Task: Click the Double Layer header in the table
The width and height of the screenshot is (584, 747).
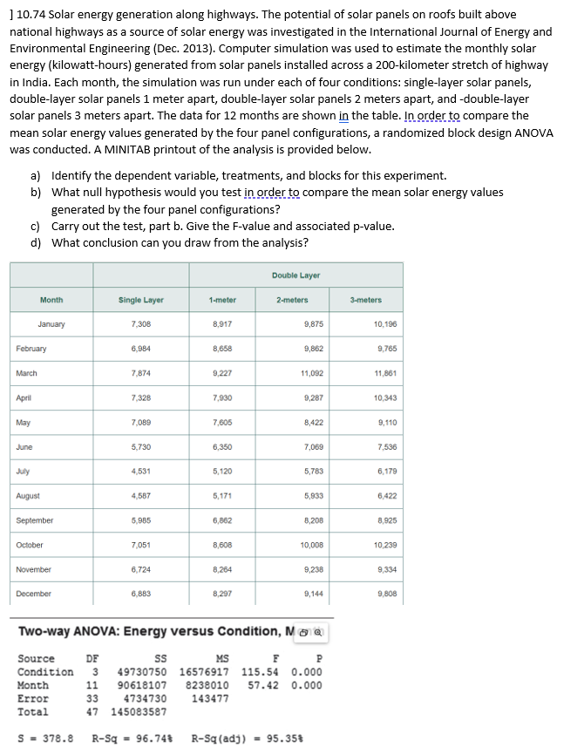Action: (x=296, y=275)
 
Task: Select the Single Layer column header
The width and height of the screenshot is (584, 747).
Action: (x=141, y=300)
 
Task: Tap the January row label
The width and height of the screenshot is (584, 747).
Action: (x=51, y=324)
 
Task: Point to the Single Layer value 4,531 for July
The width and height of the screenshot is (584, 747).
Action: (x=142, y=471)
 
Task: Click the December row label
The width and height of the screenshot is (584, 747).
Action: (x=34, y=593)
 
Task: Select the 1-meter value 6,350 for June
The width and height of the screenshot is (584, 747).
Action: (x=222, y=446)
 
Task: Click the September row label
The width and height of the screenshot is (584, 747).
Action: (x=35, y=520)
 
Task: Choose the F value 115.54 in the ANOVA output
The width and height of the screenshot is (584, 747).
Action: (x=261, y=672)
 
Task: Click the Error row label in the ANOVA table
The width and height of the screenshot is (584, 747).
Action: (x=33, y=698)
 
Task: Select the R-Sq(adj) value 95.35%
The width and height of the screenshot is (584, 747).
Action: (x=284, y=737)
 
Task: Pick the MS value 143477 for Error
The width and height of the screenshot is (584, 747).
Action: (x=210, y=698)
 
